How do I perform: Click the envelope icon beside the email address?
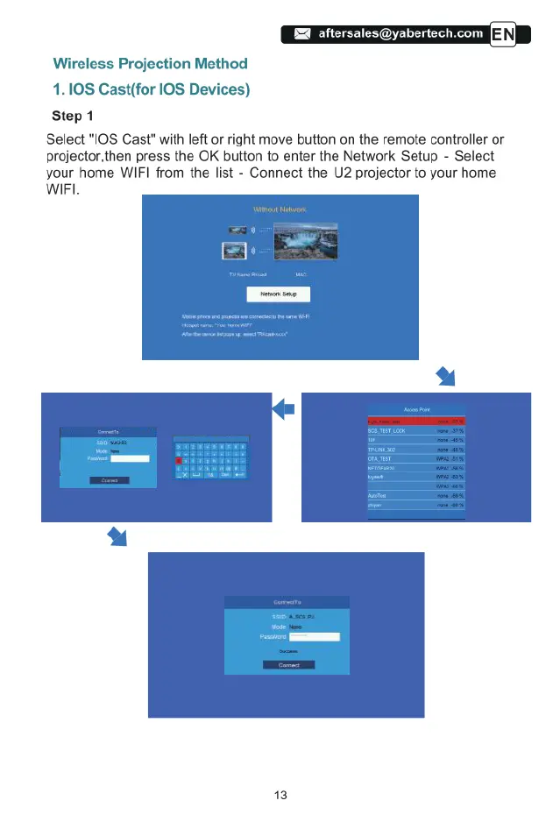301,34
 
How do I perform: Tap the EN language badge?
509,34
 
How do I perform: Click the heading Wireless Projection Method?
150,64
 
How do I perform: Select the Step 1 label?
79,115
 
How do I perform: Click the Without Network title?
280,210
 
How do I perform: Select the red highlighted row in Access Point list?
415,421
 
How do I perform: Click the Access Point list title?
415,409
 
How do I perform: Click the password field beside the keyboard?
131,458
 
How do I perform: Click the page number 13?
280,795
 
